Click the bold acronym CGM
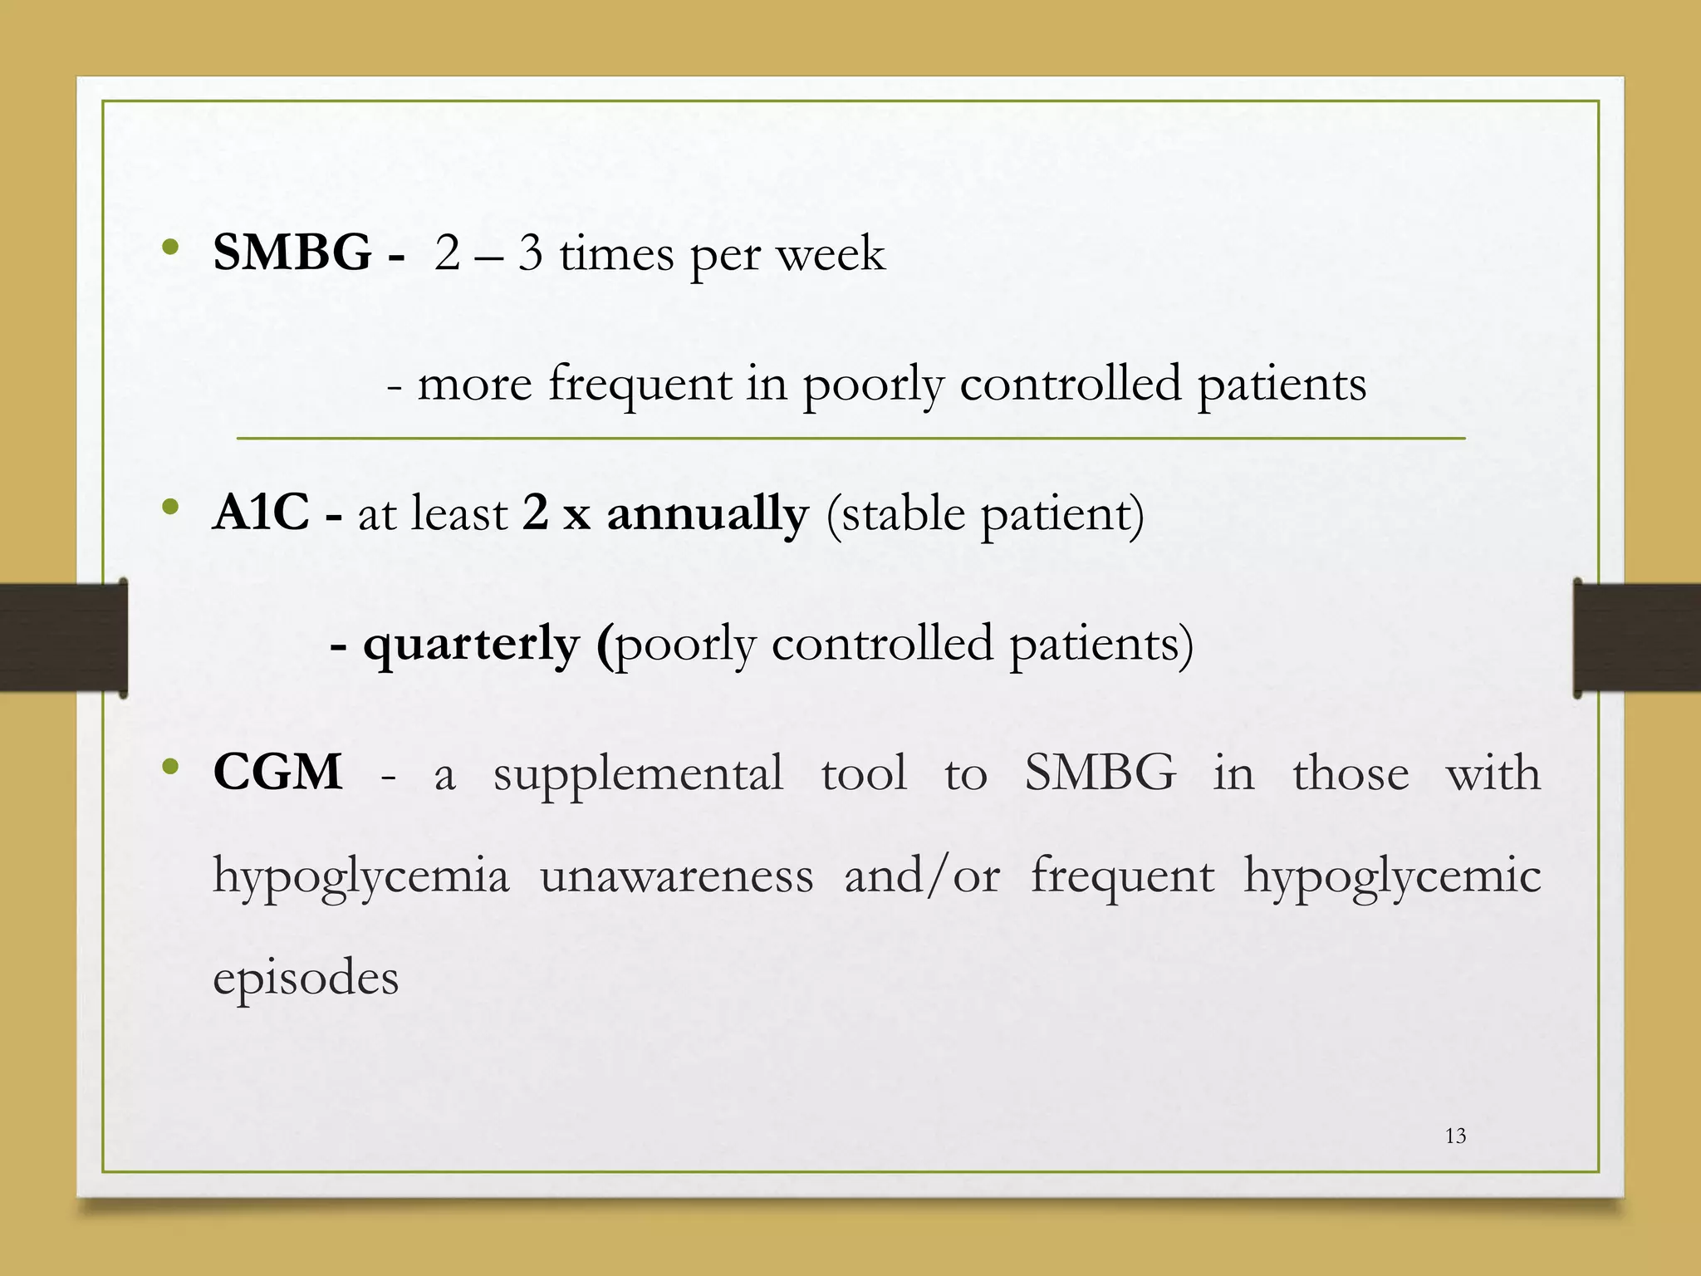coord(277,772)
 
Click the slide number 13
coord(1455,1136)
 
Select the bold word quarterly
coord(471,645)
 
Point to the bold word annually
coord(707,513)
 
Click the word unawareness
coord(676,876)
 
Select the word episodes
coord(306,978)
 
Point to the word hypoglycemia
coord(360,877)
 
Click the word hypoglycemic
coord(1392,877)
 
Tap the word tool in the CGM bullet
coord(864,773)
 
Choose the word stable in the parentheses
coord(904,513)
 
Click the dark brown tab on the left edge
coord(63,638)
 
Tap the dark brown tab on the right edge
coord(1636,638)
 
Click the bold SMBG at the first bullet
coord(292,253)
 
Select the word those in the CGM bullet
coord(1351,773)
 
